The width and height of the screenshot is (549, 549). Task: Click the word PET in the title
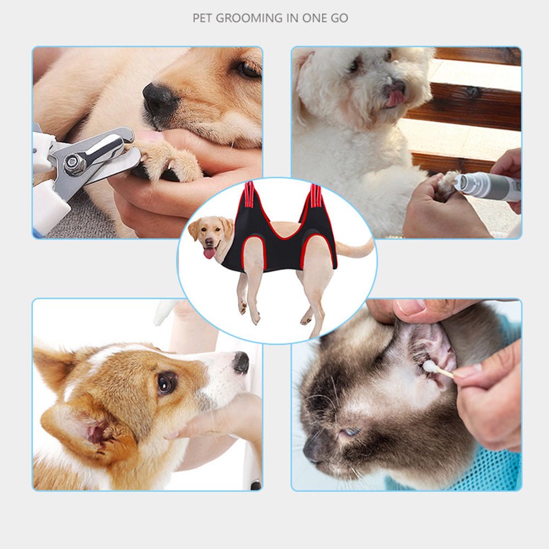click(202, 18)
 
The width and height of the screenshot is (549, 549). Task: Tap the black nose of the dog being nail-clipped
click(160, 99)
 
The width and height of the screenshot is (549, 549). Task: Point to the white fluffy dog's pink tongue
click(395, 98)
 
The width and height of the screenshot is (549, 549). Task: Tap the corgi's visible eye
click(166, 383)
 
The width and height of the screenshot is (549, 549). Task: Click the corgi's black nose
click(241, 362)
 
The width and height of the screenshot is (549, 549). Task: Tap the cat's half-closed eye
click(349, 433)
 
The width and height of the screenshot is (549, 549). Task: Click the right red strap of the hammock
click(316, 195)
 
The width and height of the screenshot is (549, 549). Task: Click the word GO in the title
click(339, 18)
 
